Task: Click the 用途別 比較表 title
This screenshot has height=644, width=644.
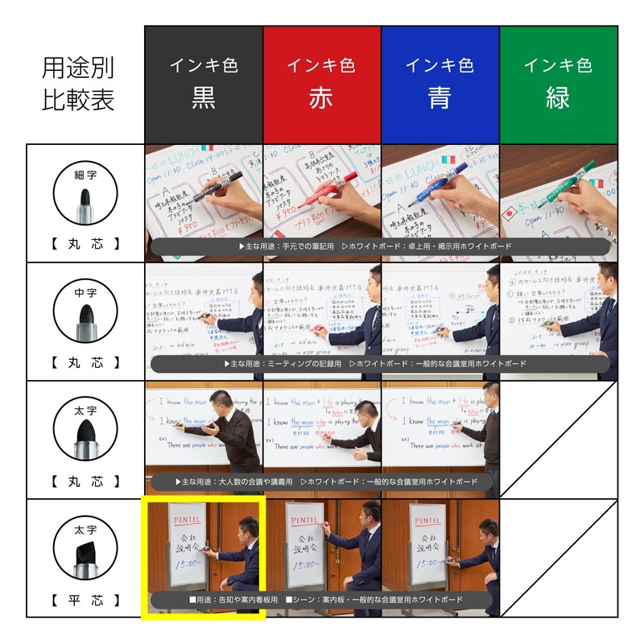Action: point(78,84)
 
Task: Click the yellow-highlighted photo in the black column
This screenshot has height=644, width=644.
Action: point(203,558)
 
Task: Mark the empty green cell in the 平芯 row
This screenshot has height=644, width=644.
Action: point(559,558)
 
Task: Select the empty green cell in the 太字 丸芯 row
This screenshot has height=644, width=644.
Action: point(559,440)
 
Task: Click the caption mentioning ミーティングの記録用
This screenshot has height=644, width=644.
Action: point(378,364)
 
